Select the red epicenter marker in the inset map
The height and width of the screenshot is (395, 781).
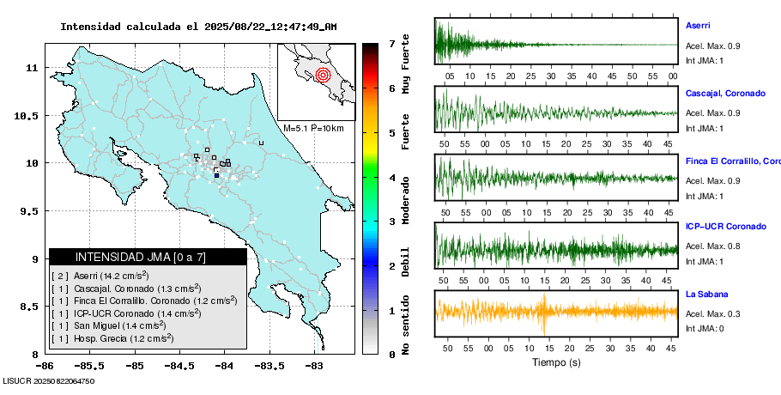323,75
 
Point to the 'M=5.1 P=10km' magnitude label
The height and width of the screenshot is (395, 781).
313,129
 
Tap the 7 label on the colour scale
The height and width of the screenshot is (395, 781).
391,43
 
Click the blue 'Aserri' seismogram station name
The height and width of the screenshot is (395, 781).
698,26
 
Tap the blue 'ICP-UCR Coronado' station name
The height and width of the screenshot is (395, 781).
725,227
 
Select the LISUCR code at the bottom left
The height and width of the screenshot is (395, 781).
48,380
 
